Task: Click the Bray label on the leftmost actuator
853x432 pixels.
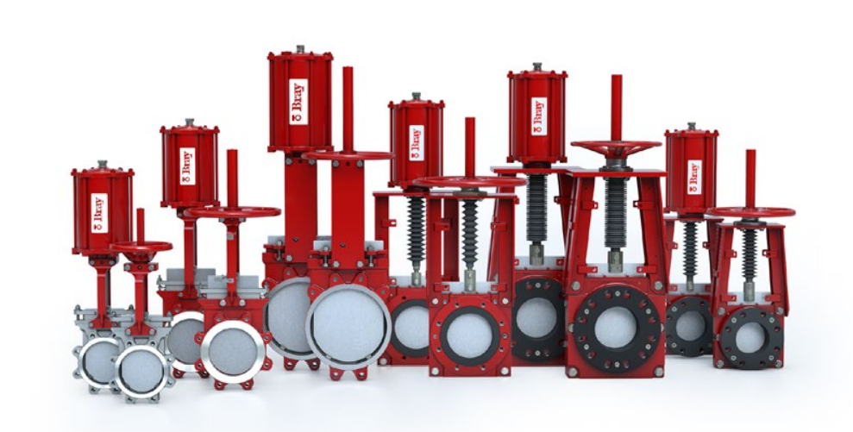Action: (x=99, y=213)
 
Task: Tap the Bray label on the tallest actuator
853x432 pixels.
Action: (x=298, y=102)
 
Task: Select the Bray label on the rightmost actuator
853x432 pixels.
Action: (x=694, y=177)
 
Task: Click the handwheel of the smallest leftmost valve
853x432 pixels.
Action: (x=141, y=247)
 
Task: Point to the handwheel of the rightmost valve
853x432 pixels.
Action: (x=750, y=212)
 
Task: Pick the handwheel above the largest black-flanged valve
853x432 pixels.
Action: (x=617, y=147)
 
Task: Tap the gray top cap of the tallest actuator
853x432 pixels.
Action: (x=300, y=49)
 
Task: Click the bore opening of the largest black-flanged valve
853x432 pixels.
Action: (x=615, y=328)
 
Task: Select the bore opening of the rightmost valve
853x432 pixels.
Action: (x=750, y=337)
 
